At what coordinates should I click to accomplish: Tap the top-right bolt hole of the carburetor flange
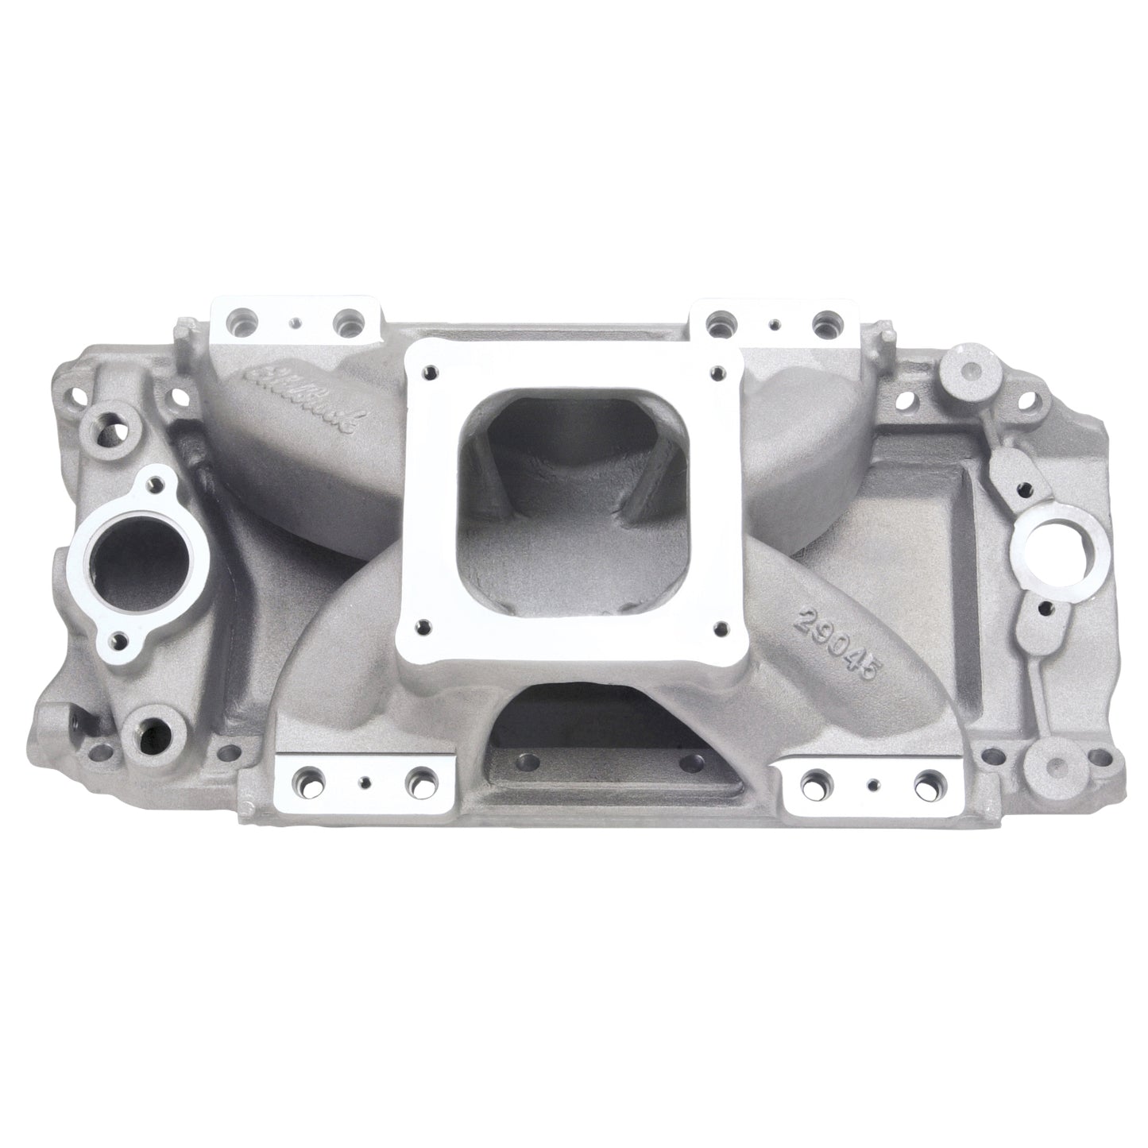pyautogui.click(x=717, y=371)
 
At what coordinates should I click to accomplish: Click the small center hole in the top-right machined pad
pyautogui.click(x=773, y=324)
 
